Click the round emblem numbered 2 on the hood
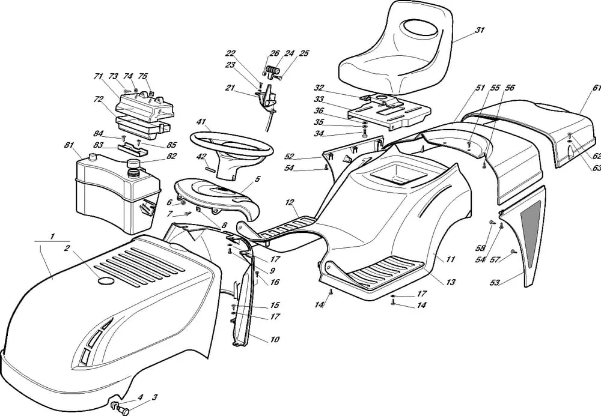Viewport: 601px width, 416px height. (105, 281)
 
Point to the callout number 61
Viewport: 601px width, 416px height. (596, 88)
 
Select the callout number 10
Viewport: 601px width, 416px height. (275, 340)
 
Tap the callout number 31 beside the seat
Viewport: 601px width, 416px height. (479, 30)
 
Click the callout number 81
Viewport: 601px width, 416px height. (69, 145)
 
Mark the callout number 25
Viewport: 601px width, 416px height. (304, 53)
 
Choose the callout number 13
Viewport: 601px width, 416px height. (450, 282)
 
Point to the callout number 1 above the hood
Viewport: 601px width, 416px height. (52, 236)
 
